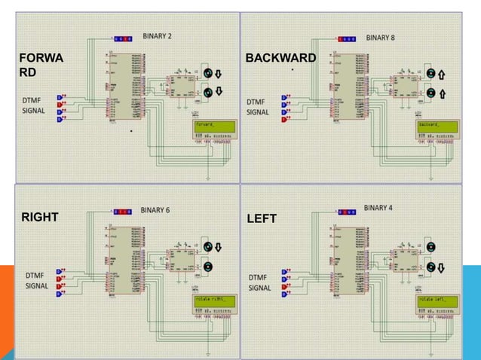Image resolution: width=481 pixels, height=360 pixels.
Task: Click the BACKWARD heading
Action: point(281,58)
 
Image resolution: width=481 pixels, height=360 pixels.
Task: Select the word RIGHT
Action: point(39,218)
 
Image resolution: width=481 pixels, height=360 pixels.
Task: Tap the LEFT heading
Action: point(262,219)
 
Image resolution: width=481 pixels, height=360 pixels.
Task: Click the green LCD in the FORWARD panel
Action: point(212,127)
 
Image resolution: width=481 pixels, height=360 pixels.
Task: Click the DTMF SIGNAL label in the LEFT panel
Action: point(260,282)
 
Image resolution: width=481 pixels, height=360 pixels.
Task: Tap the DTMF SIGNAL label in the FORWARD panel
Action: point(34,105)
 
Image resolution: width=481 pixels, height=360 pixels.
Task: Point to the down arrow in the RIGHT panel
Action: point(219,247)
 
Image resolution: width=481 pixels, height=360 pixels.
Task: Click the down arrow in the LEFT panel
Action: point(443,267)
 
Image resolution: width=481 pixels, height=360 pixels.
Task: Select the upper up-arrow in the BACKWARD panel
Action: point(443,74)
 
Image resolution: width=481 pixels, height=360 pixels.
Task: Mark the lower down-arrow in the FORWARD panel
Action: point(219,92)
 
